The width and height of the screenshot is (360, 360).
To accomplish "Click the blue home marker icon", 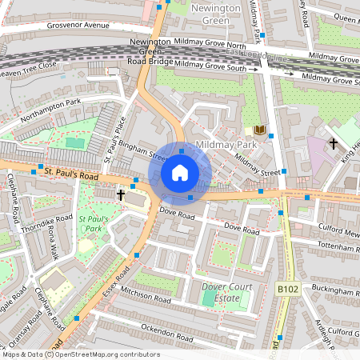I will [x=180, y=173].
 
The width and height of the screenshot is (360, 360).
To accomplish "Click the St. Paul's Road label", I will [x=71, y=172].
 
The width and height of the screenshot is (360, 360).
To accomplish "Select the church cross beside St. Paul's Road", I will [x=121, y=194].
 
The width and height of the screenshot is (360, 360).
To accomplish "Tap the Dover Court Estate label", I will [x=228, y=293].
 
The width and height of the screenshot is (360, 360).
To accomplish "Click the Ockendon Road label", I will [x=168, y=329].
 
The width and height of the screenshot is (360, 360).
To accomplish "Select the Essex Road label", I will [x=117, y=279].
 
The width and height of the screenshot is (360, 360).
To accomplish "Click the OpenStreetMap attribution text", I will [x=81, y=354].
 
